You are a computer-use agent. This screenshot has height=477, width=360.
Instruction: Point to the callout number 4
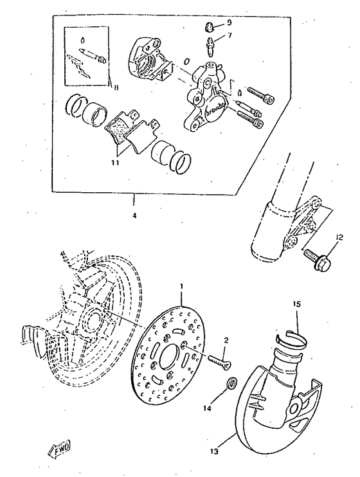coord(134,216)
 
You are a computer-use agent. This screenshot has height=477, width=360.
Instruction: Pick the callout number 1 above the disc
coord(182,285)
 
